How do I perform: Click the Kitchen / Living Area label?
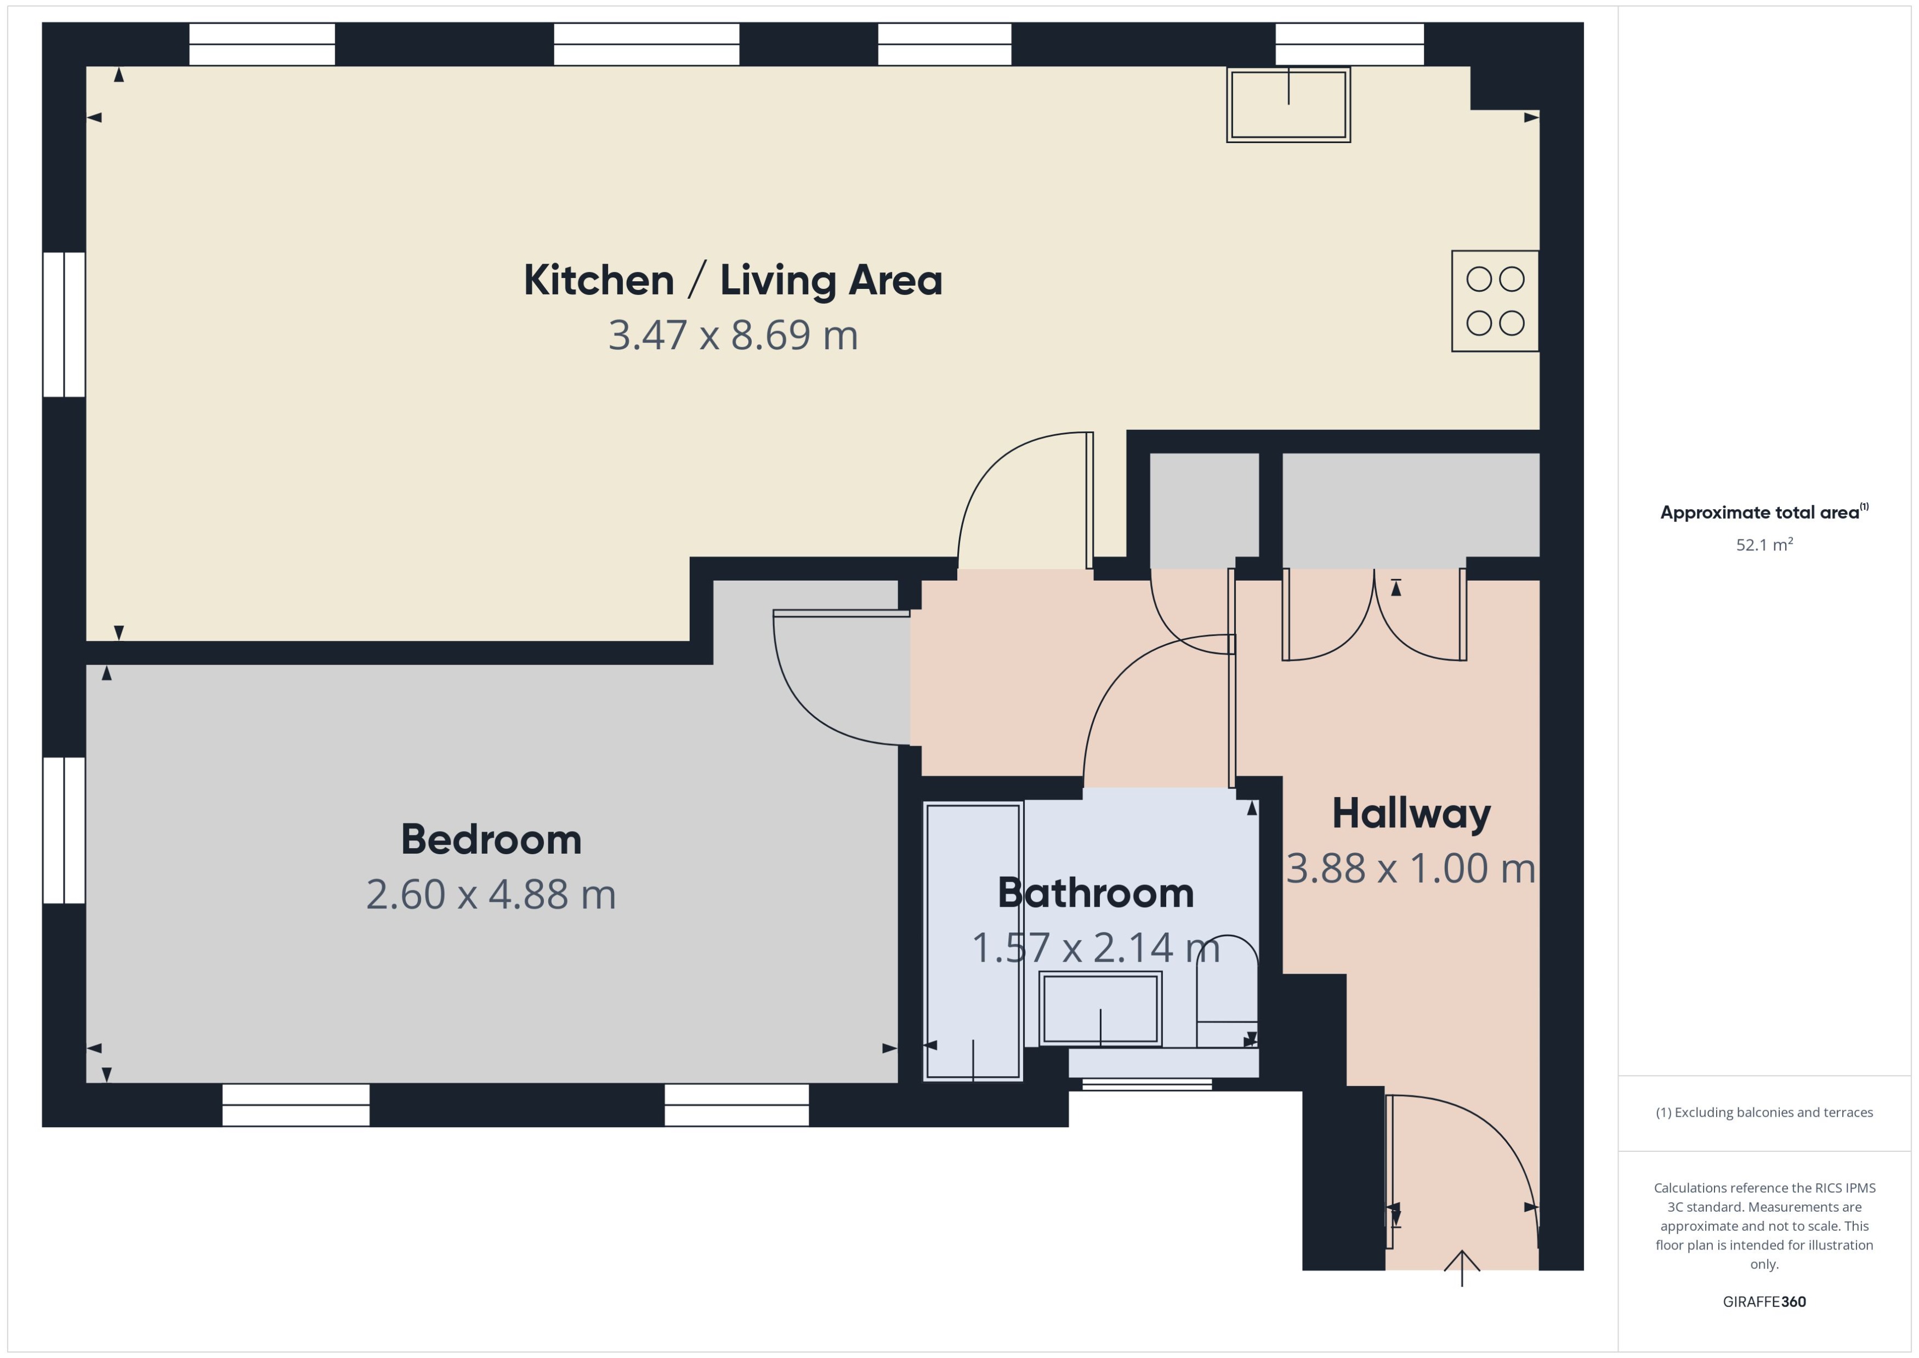pyautogui.click(x=733, y=280)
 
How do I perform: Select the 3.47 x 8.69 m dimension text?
pyautogui.click(x=733, y=336)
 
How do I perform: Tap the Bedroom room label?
pyautogui.click(x=491, y=839)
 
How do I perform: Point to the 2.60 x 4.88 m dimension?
pyautogui.click(x=491, y=895)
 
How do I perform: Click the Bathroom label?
pyautogui.click(x=1095, y=893)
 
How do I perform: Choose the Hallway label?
pyautogui.click(x=1411, y=814)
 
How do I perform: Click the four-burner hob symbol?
pyautogui.click(x=1494, y=301)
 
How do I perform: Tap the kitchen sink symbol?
pyautogui.click(x=1288, y=105)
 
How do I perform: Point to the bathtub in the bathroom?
pyautogui.click(x=973, y=941)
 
